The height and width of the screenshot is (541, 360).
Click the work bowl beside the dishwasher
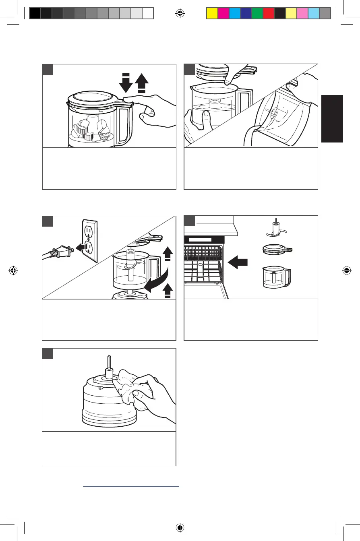(x=276, y=277)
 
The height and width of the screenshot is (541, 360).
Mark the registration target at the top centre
(x=180, y=14)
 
